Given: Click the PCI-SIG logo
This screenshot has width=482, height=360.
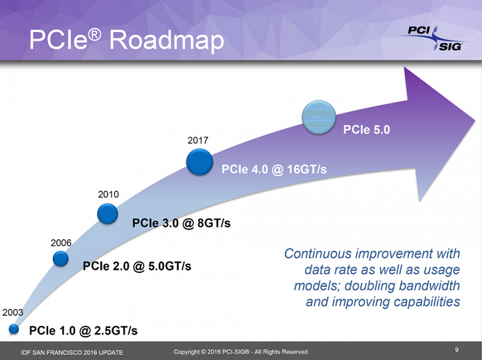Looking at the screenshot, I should point(430,38).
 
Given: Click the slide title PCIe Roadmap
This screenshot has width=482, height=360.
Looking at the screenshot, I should point(126,40).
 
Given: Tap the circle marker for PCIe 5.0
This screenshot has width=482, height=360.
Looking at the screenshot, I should point(319,118).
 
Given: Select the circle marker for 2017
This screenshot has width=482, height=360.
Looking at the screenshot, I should point(199,161).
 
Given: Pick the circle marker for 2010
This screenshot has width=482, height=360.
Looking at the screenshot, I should point(108,213).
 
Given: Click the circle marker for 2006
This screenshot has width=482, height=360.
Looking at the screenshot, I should point(61,258).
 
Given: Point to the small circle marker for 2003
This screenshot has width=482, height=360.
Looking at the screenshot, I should point(14,329).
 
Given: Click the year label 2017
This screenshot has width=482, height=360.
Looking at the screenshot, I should point(198,141).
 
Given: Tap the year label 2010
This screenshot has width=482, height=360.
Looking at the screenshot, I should point(108,194).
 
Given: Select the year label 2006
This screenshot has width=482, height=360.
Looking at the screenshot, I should point(61,242).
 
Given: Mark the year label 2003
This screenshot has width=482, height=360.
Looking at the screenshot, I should point(13,312).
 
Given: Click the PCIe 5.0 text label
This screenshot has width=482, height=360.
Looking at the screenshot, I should point(366,130).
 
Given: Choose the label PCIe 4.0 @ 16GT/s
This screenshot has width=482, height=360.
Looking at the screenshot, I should point(274,170).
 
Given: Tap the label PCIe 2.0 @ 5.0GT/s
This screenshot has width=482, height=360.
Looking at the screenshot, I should point(137,266).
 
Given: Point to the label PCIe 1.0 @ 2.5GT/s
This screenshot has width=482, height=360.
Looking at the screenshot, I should point(83,331).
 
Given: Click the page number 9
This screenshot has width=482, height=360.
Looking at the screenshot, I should point(456,349).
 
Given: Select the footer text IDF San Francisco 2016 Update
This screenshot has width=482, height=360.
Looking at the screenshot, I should point(72,352).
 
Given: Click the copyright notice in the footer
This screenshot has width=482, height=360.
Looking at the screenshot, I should point(240,352).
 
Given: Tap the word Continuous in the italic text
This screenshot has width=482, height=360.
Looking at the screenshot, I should point(318,254).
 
